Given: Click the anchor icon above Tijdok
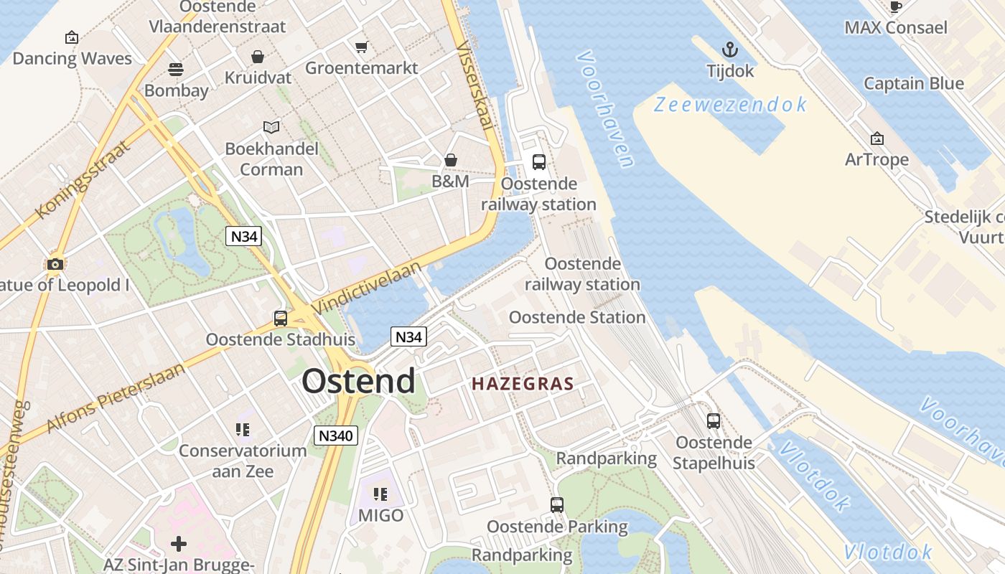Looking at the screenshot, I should click(x=730, y=50).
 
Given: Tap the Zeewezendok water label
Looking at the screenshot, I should click(x=731, y=105).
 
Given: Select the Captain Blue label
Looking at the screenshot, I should click(x=913, y=83).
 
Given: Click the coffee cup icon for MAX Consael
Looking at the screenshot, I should click(x=895, y=7).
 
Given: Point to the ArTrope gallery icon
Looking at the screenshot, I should click(x=877, y=138).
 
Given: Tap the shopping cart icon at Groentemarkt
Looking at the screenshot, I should click(x=362, y=47).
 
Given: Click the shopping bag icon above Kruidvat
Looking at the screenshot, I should click(x=257, y=57).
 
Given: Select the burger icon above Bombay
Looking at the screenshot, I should click(x=176, y=70).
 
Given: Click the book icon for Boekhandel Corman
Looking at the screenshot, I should click(x=271, y=128).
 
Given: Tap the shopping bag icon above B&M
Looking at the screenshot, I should click(x=451, y=159).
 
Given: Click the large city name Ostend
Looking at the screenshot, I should click(x=358, y=381).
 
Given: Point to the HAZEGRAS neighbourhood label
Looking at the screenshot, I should click(x=523, y=384).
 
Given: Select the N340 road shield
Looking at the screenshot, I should click(x=336, y=435).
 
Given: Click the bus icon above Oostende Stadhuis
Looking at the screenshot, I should click(x=281, y=319).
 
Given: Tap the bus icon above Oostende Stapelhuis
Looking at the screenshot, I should click(x=713, y=421).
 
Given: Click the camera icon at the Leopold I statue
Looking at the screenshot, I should click(x=55, y=264).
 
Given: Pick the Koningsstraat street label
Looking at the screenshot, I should click(x=83, y=179).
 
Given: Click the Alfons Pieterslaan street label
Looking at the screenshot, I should click(x=115, y=397).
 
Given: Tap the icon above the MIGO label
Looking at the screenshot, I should click(x=380, y=494).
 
